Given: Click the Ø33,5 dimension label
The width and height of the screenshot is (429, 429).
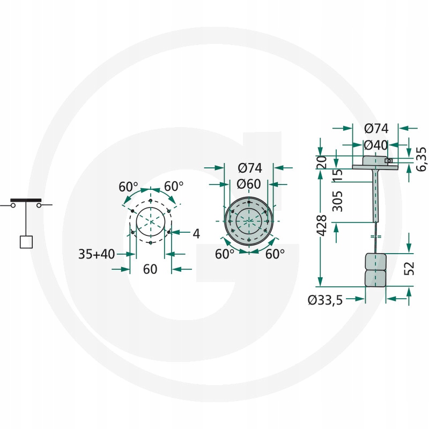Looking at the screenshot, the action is coord(325,300).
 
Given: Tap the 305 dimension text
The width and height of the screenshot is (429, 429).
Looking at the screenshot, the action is coord(337,202).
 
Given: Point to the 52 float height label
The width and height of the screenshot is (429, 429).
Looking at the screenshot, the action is coord(409,268).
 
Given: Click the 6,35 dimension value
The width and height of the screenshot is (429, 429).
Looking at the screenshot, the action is coord(421,159).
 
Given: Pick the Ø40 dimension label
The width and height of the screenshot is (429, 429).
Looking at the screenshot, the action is coord(376,145).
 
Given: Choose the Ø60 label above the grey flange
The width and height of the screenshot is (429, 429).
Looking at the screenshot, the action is coord(249,184).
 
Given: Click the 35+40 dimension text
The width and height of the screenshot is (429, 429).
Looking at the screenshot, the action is coord(97,254).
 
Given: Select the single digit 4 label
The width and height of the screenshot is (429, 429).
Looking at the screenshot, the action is coord(196,234).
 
